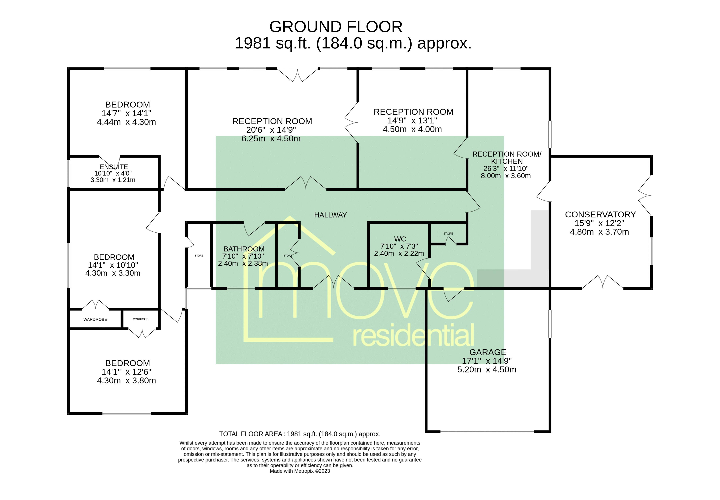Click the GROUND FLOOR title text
coord(336,27)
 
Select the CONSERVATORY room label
coord(600,215)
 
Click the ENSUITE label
coord(114,167)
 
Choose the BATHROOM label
coord(244,249)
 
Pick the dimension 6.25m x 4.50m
coord(271,139)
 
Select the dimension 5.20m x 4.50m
coord(487,370)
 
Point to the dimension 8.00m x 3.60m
coord(506,176)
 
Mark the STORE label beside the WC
coord(448,234)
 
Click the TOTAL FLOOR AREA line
coord(300,434)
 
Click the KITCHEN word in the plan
coord(507,161)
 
